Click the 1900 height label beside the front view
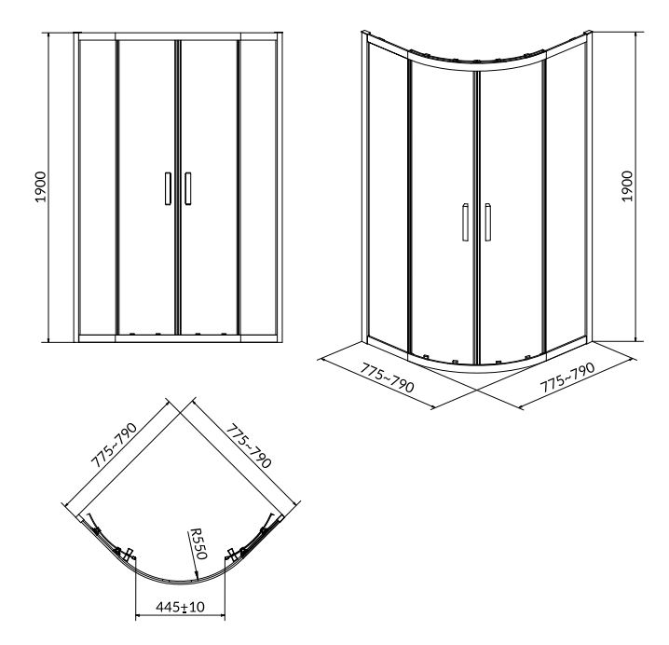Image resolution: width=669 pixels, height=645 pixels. [40, 187]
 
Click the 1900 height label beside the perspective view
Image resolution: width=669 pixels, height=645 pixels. [627, 186]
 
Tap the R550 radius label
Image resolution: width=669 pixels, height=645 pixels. [198, 543]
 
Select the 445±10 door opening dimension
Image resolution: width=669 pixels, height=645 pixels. [180, 607]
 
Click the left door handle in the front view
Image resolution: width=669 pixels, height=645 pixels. [168, 188]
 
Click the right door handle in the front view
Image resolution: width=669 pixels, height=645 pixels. [187, 188]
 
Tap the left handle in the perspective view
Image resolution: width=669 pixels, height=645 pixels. [465, 222]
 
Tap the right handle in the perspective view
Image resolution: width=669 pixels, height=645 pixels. [487, 222]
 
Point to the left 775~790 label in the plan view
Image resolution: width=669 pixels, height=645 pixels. [115, 445]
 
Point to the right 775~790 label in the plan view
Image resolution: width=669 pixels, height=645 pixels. [249, 446]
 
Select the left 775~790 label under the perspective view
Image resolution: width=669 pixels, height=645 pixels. [388, 377]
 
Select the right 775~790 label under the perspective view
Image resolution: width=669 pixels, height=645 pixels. [567, 377]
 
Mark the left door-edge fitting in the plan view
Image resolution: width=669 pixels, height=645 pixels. [127, 554]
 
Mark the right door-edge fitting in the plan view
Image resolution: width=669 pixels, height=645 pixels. [233, 554]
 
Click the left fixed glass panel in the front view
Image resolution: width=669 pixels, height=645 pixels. [97, 187]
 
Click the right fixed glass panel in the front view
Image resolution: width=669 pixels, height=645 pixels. [258, 187]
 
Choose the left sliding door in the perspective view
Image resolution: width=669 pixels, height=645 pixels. [443, 209]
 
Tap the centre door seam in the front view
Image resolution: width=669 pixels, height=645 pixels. [178, 187]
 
